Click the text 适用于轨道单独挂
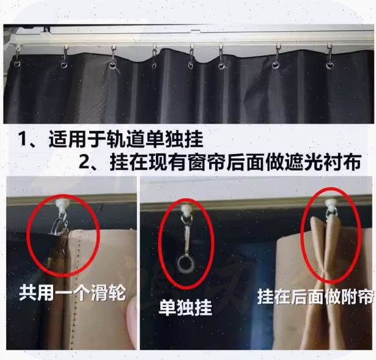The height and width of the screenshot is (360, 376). pos(126,140)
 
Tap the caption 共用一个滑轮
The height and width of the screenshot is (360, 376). pos(72,293)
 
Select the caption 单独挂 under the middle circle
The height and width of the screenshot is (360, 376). pos(186,307)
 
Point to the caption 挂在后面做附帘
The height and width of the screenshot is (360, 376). pos(316,296)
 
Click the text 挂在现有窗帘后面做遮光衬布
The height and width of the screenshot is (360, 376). pos(235,162)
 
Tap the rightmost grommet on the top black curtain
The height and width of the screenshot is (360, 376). pos(330,65)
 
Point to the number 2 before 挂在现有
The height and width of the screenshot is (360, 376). pos(84,163)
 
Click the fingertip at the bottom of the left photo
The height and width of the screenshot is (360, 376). pos(131,314)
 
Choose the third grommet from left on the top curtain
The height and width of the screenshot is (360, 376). pos(112,65)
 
